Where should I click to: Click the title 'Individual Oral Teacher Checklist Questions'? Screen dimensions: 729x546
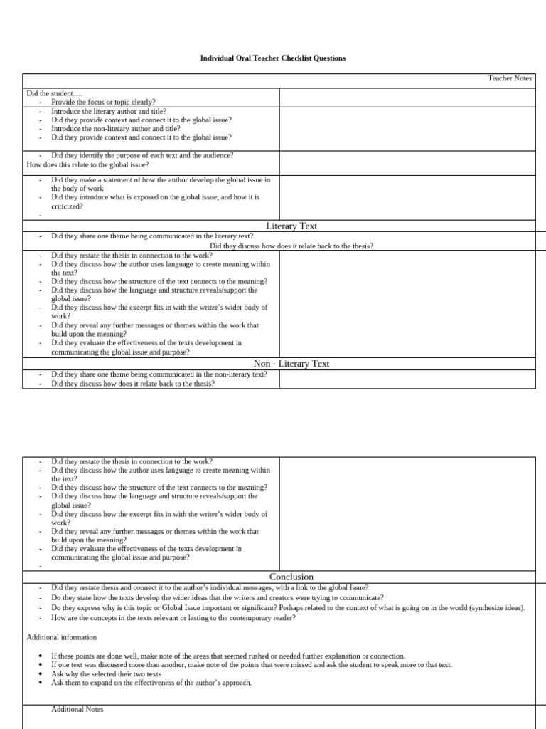pyautogui.click(x=273, y=58)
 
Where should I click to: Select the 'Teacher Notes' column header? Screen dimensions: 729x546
pyautogui.click(x=509, y=78)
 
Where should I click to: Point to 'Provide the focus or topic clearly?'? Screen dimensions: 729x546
pyautogui.click(x=104, y=102)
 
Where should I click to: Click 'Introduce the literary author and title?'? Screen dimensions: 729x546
pyautogui.click(x=109, y=111)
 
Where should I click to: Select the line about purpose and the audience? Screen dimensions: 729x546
pyautogui.click(x=142, y=155)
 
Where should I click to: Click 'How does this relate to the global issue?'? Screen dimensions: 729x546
pyautogui.click(x=87, y=164)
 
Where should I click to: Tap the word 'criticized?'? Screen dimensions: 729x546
pyautogui.click(x=67, y=206)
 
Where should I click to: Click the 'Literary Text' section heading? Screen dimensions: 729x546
pyautogui.click(x=291, y=226)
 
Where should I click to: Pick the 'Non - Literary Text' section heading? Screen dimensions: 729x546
pyautogui.click(x=291, y=363)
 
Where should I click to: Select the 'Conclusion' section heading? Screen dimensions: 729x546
pyautogui.click(x=291, y=577)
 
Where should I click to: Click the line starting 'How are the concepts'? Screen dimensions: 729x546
pyautogui.click(x=173, y=617)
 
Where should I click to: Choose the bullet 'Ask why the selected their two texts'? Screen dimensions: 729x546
pyautogui.click(x=106, y=673)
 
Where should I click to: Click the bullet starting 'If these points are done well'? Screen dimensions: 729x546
pyautogui.click(x=227, y=656)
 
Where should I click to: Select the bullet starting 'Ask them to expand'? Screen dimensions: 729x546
pyautogui.click(x=151, y=683)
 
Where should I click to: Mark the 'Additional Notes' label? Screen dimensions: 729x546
pyautogui.click(x=77, y=710)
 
